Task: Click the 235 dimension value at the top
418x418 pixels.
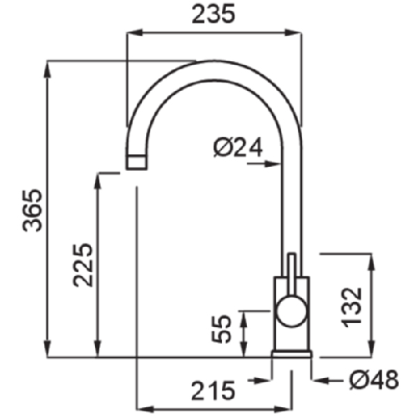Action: coord(214,14)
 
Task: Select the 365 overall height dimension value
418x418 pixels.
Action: coord(32,210)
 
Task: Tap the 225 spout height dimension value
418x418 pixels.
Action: coord(83,264)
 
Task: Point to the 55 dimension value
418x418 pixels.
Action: coord(221,329)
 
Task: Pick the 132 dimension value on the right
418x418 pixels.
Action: coord(351,307)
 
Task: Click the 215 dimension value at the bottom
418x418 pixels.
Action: coord(214,390)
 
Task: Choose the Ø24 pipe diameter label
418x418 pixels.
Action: coord(238,148)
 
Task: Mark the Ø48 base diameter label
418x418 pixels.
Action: coord(374,380)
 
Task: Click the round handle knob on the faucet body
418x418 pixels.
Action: coord(291,311)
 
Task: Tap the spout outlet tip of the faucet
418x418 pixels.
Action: coord(137,162)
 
